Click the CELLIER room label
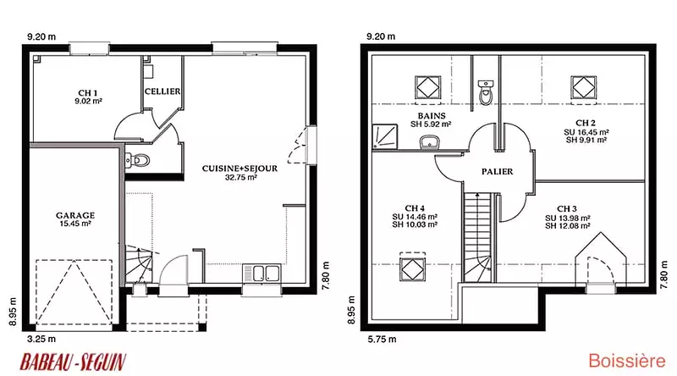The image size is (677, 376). tap(162, 91)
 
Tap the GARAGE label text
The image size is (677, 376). tap(75, 215)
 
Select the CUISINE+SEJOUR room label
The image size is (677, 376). tap(239, 169)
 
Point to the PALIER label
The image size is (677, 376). tap(498, 172)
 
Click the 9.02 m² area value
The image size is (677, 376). tap(88, 101)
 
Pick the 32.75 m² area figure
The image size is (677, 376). tap(241, 177)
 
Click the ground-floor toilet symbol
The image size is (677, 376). tap(137, 161)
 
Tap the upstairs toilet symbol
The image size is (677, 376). tap(486, 92)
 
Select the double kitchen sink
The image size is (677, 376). tap(261, 274)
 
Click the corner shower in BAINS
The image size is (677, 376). tap(385, 136)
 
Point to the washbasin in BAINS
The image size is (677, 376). tap(429, 142)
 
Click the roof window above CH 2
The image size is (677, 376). tap(583, 88)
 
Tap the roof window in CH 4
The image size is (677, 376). tap(412, 268)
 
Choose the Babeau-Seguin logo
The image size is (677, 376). tap(73, 362)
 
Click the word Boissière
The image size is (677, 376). tap(627, 361)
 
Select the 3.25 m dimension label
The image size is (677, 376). tap(41, 340)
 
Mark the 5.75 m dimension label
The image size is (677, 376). tap(383, 340)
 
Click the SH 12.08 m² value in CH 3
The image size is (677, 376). tap(567, 226)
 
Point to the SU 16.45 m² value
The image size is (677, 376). tap(586, 132)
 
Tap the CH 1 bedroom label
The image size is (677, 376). tap(88, 93)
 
